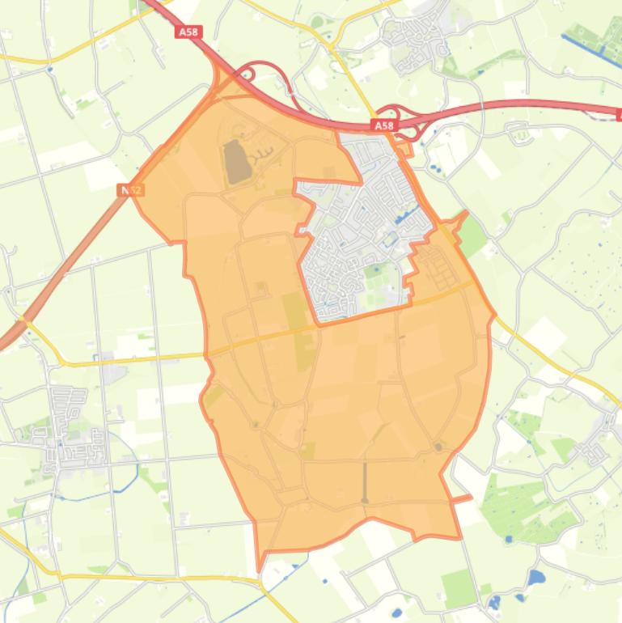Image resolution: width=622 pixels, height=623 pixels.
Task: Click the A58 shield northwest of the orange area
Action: click(188, 32)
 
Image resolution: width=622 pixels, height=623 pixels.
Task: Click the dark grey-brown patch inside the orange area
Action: click(233, 160)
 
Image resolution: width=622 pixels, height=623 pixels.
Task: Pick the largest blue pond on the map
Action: click(535, 578)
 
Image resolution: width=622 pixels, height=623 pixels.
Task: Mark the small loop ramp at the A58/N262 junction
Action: click(245, 74)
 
